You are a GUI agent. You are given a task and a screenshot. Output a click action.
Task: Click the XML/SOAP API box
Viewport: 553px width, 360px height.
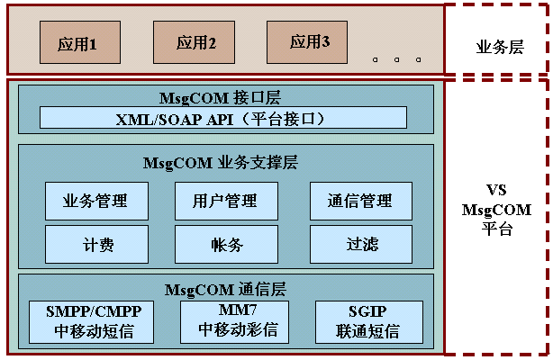223,119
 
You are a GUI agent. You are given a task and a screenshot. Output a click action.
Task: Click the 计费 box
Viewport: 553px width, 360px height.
96,243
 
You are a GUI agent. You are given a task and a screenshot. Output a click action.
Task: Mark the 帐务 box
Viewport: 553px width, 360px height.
226,243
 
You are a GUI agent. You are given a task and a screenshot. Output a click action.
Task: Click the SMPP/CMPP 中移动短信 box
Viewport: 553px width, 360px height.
100,320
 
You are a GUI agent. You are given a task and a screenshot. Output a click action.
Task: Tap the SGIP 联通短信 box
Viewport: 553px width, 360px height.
367,321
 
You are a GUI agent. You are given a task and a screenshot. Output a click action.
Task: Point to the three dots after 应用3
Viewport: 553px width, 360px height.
397,59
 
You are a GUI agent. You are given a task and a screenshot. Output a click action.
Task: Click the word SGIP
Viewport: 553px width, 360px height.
367,311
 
